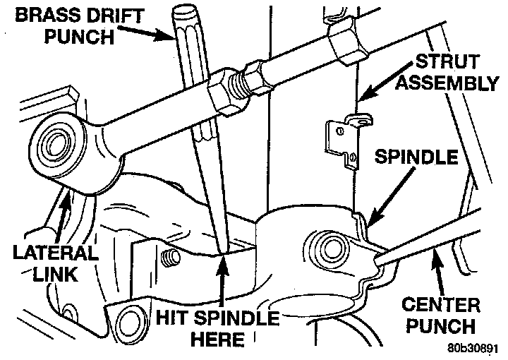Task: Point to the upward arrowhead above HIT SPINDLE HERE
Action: (223, 262)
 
